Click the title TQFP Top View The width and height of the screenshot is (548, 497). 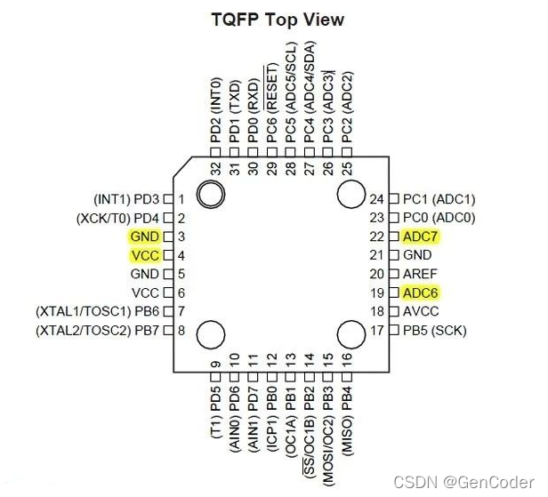click(277, 20)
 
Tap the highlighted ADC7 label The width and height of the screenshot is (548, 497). click(421, 236)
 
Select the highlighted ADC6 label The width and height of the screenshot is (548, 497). click(421, 293)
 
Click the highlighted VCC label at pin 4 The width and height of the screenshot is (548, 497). click(144, 255)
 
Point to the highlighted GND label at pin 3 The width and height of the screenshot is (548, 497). click(144, 236)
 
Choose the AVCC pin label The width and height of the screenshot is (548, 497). click(422, 311)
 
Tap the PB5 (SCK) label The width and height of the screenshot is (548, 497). click(434, 331)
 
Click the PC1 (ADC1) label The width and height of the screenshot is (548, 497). click(439, 199)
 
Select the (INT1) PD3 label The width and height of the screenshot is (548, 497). click(127, 199)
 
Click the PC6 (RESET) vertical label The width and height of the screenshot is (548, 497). click(272, 103)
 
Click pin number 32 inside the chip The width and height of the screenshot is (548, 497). click(216, 168)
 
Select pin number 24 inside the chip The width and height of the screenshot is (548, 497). click(376, 199)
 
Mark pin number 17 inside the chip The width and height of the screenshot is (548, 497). click(376, 331)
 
